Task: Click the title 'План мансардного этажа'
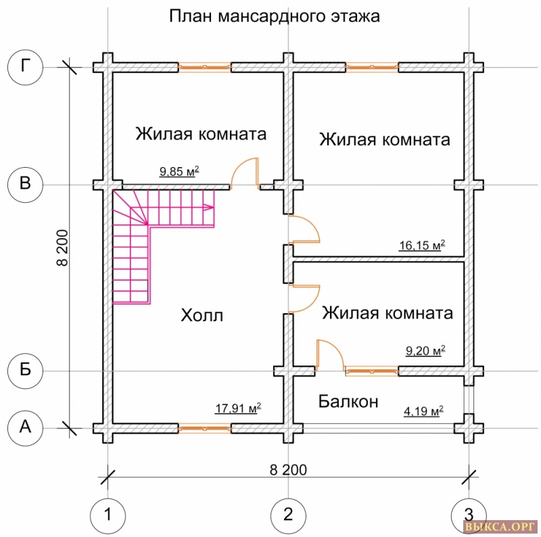[x=274, y=16]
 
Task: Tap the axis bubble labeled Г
[x=26, y=67]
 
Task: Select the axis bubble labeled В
[x=26, y=185]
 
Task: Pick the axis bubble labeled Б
[x=26, y=371]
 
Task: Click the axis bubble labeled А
[x=26, y=427]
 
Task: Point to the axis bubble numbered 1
[x=108, y=515]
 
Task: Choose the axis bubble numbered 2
[x=288, y=515]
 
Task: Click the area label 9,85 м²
[x=179, y=172]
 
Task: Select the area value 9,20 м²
[x=425, y=351]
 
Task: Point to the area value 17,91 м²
[x=238, y=408]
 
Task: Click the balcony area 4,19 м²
[x=423, y=411]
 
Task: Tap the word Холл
[x=202, y=315]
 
